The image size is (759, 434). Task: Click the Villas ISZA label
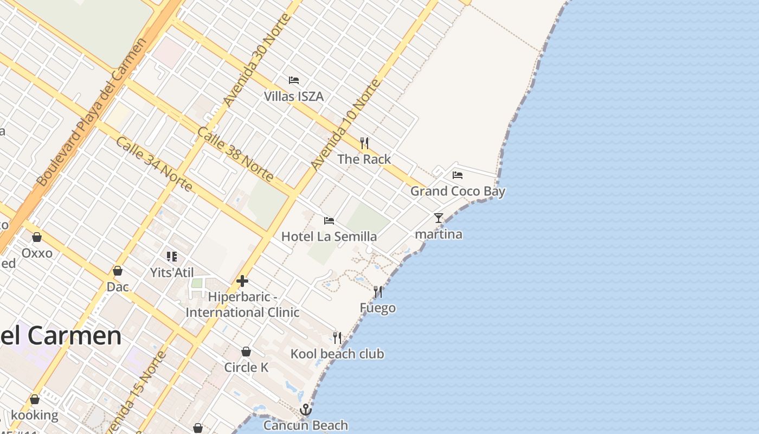tap(293, 97)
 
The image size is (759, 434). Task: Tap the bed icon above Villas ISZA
tap(294, 80)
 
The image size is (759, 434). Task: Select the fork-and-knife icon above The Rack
tap(364, 143)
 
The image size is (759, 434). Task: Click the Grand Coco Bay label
tap(458, 191)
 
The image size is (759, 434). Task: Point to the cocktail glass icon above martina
tap(439, 218)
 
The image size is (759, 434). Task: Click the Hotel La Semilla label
tap(329, 237)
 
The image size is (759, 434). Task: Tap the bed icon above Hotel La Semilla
tap(329, 221)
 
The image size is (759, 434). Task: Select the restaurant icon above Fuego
tap(378, 292)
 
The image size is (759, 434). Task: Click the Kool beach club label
tap(337, 354)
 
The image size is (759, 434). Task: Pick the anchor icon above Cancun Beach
tap(306, 410)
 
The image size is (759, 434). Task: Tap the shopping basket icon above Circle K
tap(246, 352)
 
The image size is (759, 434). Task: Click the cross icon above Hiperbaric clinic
tap(242, 281)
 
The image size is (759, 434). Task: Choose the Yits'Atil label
tap(172, 272)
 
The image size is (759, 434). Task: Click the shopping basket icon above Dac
tap(118, 271)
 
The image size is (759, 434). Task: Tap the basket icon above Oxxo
tap(37, 237)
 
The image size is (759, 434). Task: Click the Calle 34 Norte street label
tap(155, 164)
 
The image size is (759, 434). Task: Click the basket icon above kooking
tap(35, 400)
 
